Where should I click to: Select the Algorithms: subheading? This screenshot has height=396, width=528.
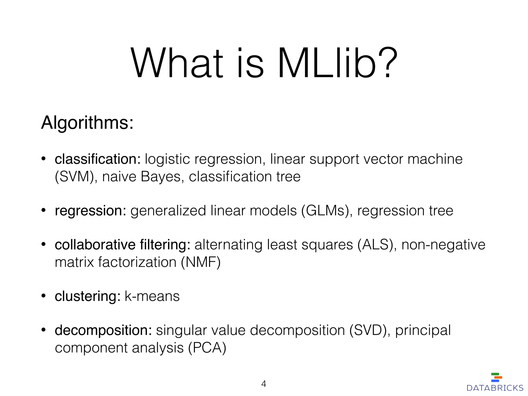(x=87, y=123)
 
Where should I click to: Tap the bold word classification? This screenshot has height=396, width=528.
(x=98, y=159)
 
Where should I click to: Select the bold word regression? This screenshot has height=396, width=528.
(x=90, y=211)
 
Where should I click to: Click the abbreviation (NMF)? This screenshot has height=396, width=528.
(x=201, y=262)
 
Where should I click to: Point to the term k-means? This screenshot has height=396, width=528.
(x=152, y=296)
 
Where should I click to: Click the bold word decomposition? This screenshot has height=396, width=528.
(x=103, y=331)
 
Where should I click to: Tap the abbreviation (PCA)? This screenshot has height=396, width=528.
(x=207, y=348)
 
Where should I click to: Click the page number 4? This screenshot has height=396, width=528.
(x=263, y=384)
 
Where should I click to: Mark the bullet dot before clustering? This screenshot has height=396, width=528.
(x=44, y=295)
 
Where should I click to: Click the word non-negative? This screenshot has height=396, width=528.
(x=443, y=245)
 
